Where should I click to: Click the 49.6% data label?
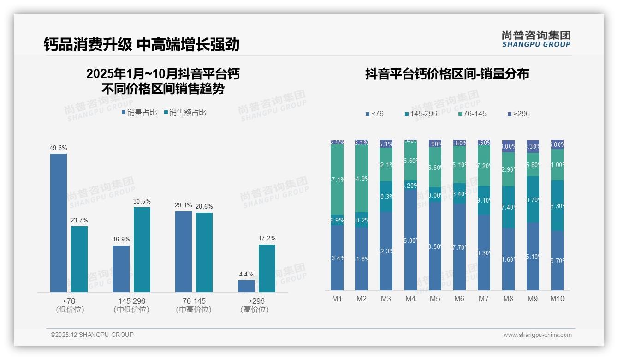click(59, 148)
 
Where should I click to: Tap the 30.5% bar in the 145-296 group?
click(142, 250)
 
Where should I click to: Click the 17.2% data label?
click(267, 239)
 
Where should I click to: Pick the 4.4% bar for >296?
click(246, 286)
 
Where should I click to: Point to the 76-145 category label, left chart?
click(194, 301)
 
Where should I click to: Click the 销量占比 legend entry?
click(139, 113)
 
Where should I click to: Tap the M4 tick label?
click(410, 299)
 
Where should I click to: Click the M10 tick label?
click(557, 299)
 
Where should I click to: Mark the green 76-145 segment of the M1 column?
click(337, 180)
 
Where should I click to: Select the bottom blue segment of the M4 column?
click(410, 240)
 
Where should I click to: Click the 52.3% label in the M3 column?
click(386, 251)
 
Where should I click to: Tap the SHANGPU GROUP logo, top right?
click(536, 39)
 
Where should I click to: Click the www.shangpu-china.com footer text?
click(537, 335)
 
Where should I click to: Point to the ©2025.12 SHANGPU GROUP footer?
click(92, 335)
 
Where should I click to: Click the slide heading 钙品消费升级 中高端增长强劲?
click(142, 44)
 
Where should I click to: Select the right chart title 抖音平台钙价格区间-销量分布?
click(447, 74)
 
